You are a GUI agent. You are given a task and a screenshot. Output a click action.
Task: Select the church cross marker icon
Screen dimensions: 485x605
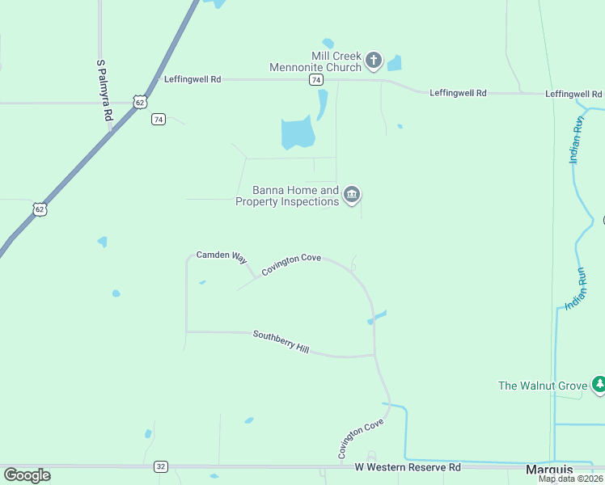pyautogui.click(x=373, y=59)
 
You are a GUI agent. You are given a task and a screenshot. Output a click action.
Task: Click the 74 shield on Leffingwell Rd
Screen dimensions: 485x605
pyautogui.click(x=316, y=80)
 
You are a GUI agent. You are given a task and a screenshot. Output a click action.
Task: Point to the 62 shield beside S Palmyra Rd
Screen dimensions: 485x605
pyautogui.click(x=141, y=103)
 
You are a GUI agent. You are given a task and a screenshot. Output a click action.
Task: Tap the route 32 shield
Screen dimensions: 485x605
pyautogui.click(x=161, y=467)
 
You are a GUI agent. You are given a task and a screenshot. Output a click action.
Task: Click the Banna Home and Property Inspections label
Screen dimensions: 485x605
pyautogui.click(x=287, y=196)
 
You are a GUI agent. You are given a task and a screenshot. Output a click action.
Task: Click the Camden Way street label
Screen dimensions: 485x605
pyautogui.click(x=221, y=256)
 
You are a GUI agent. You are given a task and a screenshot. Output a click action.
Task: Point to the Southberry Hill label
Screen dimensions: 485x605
pyautogui.click(x=281, y=342)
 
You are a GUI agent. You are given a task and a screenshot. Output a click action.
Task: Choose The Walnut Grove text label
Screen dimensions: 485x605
pyautogui.click(x=542, y=386)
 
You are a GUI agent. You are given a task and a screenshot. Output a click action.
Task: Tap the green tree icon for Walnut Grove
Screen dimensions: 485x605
pyautogui.click(x=599, y=383)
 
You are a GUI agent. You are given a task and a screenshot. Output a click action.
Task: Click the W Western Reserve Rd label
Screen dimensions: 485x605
pyautogui.click(x=408, y=468)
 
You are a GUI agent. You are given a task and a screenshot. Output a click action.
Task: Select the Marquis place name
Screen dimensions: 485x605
pyautogui.click(x=549, y=470)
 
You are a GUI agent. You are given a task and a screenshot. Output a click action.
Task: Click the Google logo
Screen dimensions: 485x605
pyautogui.click(x=27, y=475)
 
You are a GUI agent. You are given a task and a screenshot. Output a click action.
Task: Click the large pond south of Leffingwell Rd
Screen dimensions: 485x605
pyautogui.click(x=297, y=132)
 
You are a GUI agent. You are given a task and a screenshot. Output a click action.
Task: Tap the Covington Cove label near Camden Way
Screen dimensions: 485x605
pyautogui.click(x=290, y=264)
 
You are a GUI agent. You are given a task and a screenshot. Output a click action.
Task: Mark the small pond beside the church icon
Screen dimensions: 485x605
pyautogui.click(x=395, y=63)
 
